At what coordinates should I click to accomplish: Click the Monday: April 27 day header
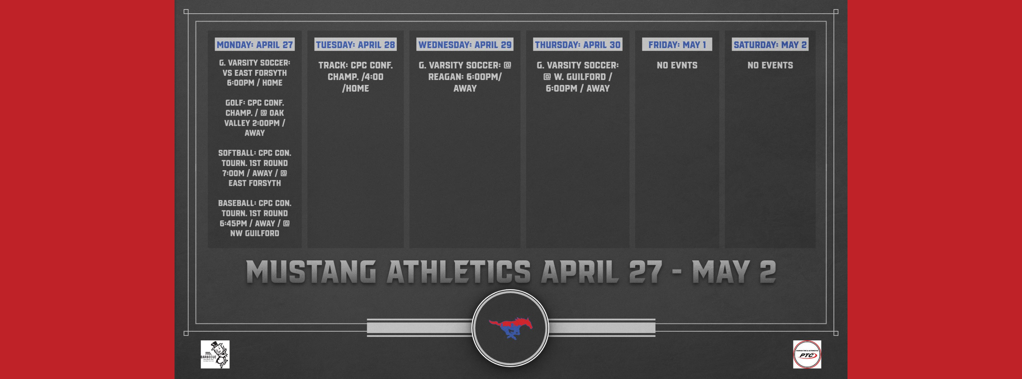tap(254, 44)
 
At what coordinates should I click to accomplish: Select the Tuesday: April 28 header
tap(355, 44)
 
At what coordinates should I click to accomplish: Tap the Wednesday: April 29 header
tap(464, 44)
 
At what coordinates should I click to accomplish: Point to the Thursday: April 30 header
tap(577, 44)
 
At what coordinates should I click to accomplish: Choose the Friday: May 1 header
tap(677, 44)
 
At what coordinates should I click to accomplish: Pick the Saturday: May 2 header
tap(770, 44)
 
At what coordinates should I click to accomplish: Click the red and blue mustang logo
tap(511, 327)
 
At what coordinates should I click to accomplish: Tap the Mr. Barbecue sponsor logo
tap(215, 354)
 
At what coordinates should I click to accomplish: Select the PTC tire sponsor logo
tap(807, 354)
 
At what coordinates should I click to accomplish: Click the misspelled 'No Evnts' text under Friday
tap(677, 65)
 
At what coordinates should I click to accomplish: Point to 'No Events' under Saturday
tap(770, 65)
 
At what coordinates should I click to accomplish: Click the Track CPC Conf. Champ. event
tap(355, 77)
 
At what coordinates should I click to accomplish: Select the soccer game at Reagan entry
tap(464, 77)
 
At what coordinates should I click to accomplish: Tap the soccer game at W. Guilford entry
tap(577, 77)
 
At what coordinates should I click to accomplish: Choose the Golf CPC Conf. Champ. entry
tap(254, 117)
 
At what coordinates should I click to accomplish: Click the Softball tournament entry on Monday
tap(254, 168)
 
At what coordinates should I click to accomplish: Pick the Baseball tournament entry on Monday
tap(254, 218)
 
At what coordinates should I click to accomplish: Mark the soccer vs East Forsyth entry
tap(254, 73)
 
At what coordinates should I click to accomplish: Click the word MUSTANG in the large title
tap(311, 272)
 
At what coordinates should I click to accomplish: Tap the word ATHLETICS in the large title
tap(458, 272)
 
